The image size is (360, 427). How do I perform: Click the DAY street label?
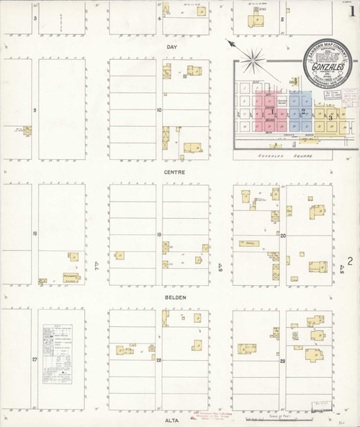pos(171,47)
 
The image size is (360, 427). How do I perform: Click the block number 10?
pos(160,110)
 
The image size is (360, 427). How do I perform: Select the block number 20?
pos(283,235)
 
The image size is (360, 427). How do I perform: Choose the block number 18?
pos(34,235)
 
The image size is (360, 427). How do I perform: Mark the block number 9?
pos(34,110)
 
